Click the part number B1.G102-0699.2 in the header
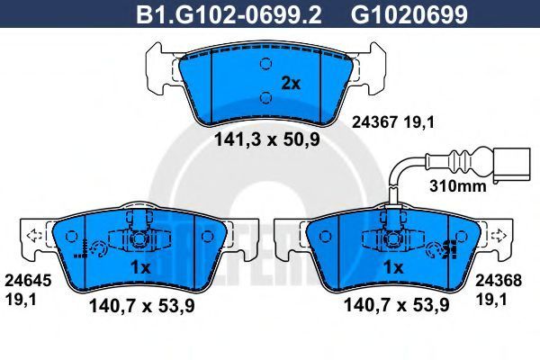229,14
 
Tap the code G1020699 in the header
409,14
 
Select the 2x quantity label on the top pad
291,84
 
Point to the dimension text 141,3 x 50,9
267,139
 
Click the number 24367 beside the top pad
375,122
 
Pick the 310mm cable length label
458,186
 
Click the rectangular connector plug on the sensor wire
512,165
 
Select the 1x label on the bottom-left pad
140,267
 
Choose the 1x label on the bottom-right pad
393,267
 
